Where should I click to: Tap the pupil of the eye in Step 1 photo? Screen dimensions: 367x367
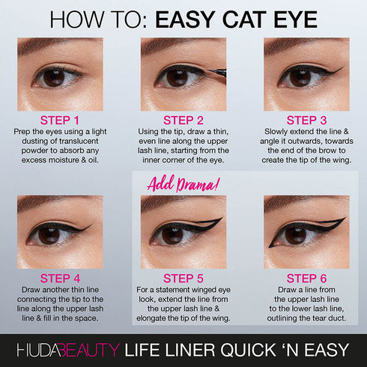point(54,77)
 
